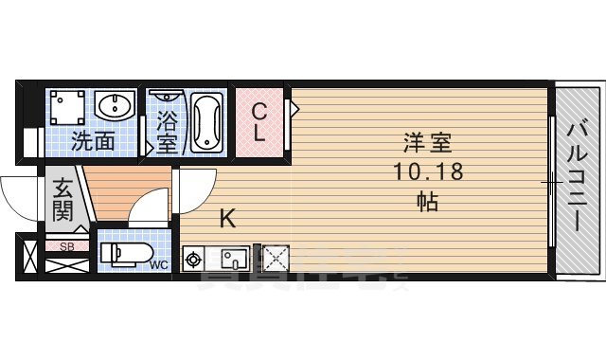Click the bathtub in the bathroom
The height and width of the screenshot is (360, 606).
206,122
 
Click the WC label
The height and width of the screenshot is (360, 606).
158,265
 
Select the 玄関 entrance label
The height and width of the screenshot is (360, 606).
62,199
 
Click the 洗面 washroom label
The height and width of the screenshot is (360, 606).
94,142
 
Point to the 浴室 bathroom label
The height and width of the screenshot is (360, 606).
167,133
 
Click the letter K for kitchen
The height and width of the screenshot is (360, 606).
227,219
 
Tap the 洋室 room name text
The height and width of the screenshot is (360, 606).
426,145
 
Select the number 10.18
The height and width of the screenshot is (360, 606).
426,172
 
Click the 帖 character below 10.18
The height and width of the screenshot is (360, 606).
426,201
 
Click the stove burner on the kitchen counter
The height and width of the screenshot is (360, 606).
195,257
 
